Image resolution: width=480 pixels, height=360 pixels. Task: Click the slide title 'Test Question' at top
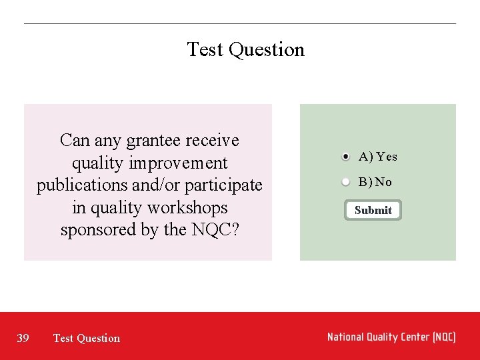click(245, 49)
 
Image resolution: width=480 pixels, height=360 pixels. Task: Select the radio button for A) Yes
click(345, 157)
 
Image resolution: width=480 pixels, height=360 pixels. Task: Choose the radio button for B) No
click(345, 182)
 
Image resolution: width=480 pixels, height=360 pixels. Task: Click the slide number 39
click(23, 338)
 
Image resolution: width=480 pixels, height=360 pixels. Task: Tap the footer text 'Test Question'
click(87, 338)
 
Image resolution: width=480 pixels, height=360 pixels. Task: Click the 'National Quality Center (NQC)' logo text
click(391, 337)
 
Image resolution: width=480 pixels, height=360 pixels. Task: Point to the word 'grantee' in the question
click(153, 141)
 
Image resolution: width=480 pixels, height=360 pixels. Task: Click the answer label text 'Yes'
click(386, 157)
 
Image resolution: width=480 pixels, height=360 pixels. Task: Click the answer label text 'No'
click(383, 182)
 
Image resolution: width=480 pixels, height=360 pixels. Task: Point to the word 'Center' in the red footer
click(413, 337)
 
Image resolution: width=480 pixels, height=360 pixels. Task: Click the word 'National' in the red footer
click(347, 337)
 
